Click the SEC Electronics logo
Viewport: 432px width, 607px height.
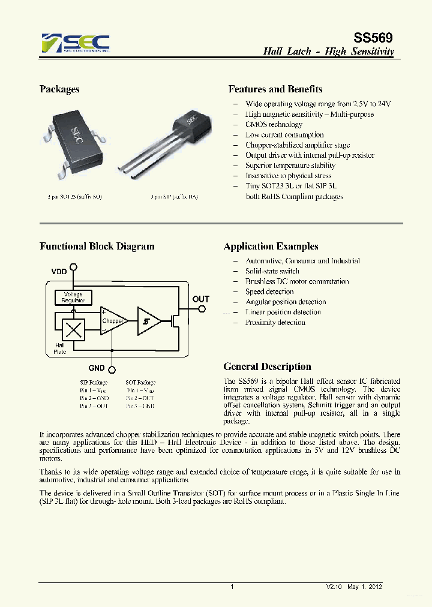(x=76, y=43)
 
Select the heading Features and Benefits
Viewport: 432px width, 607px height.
(x=275, y=89)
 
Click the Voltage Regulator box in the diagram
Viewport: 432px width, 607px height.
(x=73, y=298)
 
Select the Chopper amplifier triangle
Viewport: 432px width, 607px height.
(x=113, y=321)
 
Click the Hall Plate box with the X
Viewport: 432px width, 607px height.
(x=73, y=330)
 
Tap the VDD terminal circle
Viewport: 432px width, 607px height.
(x=74, y=267)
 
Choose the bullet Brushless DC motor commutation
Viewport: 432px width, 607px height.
(x=297, y=281)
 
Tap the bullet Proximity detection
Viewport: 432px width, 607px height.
(x=275, y=322)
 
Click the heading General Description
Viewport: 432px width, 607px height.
(x=267, y=366)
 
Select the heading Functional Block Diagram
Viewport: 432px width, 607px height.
(x=97, y=247)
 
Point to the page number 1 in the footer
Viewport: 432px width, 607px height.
(x=232, y=587)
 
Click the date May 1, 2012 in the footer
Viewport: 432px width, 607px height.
(x=365, y=587)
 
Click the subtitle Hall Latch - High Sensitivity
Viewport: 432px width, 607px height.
(x=329, y=52)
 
